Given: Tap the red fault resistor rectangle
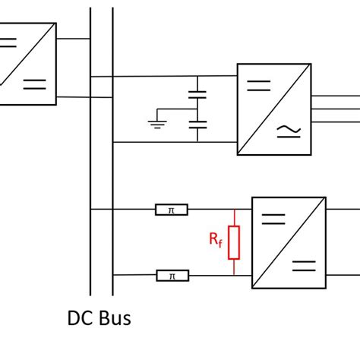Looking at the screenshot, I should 234,242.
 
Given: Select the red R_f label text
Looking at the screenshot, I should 216,241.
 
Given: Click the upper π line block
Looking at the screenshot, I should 172,209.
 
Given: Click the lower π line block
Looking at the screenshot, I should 172,275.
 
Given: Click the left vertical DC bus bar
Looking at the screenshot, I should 90,152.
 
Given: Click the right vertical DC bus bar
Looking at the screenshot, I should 112,152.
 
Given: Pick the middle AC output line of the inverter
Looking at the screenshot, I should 334,109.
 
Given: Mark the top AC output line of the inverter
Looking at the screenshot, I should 334,96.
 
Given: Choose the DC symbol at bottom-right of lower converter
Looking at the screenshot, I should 303,265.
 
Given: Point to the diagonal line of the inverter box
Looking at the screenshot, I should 274,109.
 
